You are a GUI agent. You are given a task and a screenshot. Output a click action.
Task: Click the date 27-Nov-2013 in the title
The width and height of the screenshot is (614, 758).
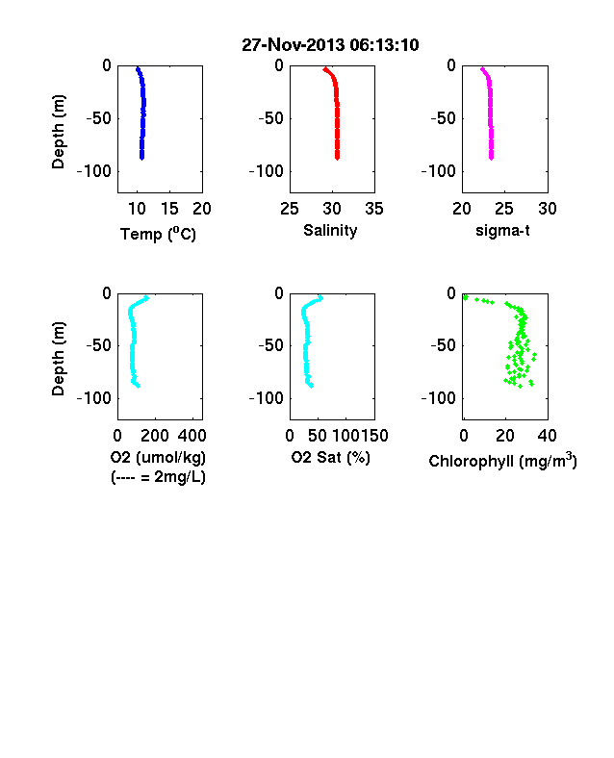click(294, 45)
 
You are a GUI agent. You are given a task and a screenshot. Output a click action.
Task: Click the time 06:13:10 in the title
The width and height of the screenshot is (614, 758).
click(384, 45)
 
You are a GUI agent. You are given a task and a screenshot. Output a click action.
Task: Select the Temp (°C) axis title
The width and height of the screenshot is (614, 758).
click(158, 234)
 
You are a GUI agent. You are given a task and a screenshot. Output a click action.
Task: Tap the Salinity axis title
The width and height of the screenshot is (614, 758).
click(330, 231)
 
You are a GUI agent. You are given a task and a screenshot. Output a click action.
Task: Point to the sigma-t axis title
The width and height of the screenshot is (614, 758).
click(502, 231)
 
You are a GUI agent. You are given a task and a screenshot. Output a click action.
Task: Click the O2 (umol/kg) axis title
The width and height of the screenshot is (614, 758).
click(158, 457)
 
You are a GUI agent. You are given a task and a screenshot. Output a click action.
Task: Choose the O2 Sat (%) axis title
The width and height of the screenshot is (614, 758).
click(331, 457)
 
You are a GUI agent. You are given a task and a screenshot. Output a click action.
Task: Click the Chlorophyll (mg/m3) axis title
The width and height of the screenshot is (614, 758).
click(502, 461)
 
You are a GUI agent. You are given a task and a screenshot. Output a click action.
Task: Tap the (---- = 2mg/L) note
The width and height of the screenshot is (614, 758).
click(158, 477)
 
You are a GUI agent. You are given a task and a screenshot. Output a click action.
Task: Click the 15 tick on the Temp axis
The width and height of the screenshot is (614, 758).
click(169, 209)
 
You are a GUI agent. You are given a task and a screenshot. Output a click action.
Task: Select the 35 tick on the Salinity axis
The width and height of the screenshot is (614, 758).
click(374, 209)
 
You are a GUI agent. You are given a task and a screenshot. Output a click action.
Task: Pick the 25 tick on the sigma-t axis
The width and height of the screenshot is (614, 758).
click(504, 209)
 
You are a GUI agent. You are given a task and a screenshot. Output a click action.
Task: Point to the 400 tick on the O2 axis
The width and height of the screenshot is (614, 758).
click(192, 436)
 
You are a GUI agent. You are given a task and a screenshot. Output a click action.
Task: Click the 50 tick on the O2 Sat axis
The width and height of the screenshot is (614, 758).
click(318, 436)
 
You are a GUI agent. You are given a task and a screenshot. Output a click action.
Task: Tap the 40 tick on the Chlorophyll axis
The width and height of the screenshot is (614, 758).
click(548, 436)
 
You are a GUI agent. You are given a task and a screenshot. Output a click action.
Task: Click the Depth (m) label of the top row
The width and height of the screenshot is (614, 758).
click(58, 132)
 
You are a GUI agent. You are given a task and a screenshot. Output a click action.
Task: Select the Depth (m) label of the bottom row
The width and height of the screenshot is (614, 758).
click(58, 359)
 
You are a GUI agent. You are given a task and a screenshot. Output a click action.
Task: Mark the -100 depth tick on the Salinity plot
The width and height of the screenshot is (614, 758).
click(267, 171)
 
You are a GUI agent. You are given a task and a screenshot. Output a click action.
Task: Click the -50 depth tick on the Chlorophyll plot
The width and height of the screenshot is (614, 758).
click(444, 345)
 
